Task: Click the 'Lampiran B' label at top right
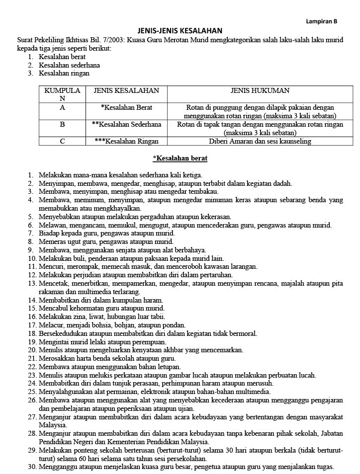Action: [x=321, y=22]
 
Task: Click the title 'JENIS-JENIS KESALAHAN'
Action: [x=180, y=30]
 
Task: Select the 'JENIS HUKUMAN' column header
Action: [x=260, y=91]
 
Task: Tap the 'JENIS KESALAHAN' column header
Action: [x=126, y=91]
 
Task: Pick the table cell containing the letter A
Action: [x=62, y=107]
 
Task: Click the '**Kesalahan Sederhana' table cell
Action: [x=126, y=124]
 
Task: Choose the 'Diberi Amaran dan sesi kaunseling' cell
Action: [x=260, y=141]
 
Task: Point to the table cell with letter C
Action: [x=62, y=141]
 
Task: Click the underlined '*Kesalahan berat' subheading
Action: [x=180, y=158]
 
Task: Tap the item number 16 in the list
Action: [x=32, y=316]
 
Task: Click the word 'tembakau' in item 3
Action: [x=204, y=191]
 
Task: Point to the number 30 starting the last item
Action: [x=32, y=467]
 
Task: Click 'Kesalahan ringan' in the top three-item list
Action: [x=64, y=73]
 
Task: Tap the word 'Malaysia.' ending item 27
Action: [x=53, y=425]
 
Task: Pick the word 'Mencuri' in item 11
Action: [x=51, y=266]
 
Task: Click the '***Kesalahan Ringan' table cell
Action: [x=126, y=141]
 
